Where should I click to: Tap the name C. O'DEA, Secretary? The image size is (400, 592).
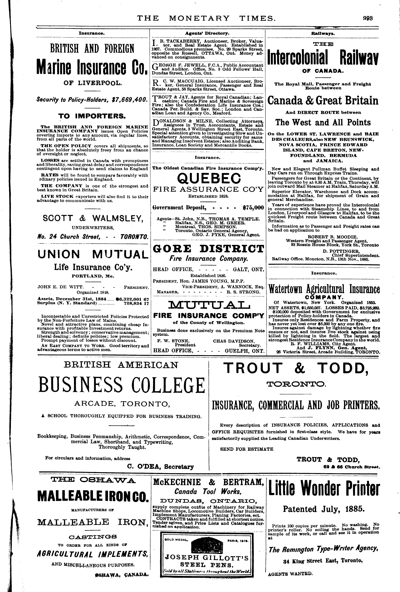point(160,467)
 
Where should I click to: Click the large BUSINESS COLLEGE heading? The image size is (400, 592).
point(121,385)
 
